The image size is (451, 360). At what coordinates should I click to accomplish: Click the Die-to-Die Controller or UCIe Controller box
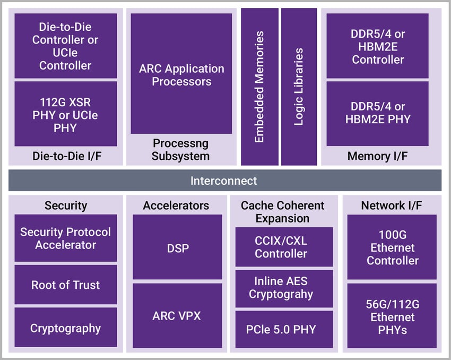[65, 46]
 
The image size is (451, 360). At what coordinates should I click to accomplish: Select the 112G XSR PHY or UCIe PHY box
[65, 114]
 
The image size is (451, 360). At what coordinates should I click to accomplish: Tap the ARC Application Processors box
[181, 74]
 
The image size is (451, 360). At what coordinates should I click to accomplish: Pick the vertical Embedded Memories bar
[259, 87]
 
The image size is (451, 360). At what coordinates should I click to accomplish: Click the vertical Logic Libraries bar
[299, 87]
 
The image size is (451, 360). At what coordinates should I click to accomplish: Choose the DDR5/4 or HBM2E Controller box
[377, 46]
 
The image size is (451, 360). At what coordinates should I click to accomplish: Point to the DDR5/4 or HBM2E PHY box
[377, 114]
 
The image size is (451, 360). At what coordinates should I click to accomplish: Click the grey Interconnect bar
[224, 181]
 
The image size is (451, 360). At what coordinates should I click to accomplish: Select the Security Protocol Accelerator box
[65, 238]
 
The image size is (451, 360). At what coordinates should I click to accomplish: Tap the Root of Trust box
[65, 285]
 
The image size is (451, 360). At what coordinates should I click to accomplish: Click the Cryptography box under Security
[65, 328]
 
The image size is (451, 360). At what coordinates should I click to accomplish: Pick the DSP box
[177, 247]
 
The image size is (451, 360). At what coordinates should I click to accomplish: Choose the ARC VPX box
[177, 315]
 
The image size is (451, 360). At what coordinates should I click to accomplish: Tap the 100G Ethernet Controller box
[392, 247]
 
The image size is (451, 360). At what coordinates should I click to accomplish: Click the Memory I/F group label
[377, 156]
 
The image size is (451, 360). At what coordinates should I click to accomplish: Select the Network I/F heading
[392, 205]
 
